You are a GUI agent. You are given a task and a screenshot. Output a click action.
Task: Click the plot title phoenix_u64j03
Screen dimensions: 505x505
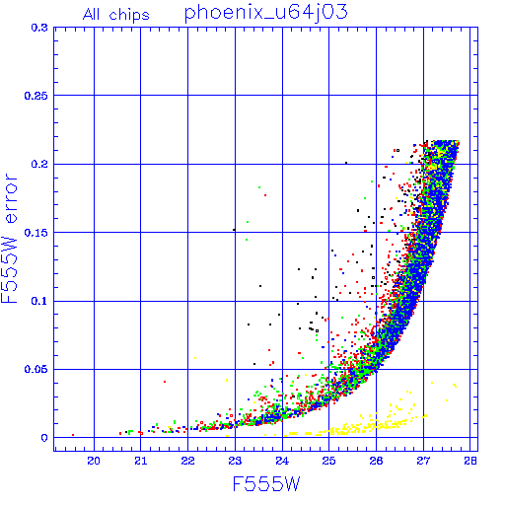coord(265,14)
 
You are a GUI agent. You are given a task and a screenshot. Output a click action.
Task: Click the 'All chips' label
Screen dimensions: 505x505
coord(116,15)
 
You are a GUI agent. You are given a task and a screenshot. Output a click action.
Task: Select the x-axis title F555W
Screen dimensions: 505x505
coord(266,484)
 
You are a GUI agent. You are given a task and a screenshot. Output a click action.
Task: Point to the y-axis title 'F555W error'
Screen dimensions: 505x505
coord(9,239)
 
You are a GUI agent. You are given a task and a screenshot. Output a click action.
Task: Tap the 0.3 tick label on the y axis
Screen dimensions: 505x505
coord(39,28)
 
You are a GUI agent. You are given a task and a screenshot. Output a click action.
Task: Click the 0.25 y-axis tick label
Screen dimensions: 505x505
coord(36,96)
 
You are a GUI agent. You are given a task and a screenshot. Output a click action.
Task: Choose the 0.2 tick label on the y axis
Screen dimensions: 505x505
coord(39,164)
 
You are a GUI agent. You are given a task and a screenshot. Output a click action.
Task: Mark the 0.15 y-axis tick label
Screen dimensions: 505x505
coord(36,233)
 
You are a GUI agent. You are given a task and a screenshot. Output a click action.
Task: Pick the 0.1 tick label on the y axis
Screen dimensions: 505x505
coord(39,301)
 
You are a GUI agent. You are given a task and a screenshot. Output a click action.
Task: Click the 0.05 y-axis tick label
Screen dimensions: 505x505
coord(36,369)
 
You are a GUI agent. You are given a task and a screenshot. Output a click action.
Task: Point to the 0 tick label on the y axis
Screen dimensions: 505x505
coord(44,438)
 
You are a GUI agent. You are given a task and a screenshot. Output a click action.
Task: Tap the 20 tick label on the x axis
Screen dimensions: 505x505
coord(94,461)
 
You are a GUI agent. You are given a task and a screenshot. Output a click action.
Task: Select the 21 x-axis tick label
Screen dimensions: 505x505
coord(141,461)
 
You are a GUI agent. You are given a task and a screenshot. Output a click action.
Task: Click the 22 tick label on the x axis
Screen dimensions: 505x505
coord(187,461)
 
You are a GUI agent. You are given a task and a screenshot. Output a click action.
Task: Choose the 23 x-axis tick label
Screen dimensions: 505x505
coord(235,461)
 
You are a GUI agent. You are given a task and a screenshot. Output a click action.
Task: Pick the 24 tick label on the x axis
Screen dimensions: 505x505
coord(282,461)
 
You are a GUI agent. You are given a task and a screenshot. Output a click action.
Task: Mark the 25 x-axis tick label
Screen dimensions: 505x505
coord(329,461)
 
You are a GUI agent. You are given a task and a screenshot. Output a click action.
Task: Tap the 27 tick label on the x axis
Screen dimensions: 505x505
coord(423,461)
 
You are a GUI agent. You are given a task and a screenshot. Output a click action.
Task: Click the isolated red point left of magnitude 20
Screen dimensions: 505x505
coord(73,435)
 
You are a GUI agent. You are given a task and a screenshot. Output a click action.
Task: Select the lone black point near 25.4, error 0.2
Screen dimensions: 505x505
coord(346,163)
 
